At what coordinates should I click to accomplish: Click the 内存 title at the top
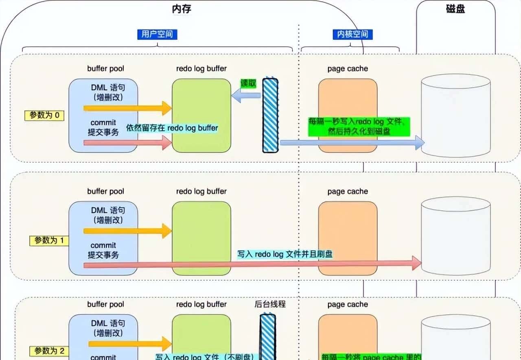coord(182,9)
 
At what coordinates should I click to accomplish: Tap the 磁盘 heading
coord(455,9)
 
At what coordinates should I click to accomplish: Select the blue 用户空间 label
coord(157,34)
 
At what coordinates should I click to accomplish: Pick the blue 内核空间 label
coord(352,34)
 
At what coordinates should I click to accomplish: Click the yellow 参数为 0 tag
coord(44,116)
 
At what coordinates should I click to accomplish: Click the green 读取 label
coord(249,83)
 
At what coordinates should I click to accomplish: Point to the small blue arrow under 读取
coord(246,96)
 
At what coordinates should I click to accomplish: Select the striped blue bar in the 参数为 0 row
coord(270,116)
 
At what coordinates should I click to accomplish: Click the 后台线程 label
coord(270,304)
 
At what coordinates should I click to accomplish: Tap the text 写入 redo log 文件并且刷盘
coord(285,254)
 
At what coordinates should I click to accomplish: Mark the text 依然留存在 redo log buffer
coord(172,128)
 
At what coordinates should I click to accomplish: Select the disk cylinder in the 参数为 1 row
coord(455,236)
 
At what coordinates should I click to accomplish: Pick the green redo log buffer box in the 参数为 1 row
coord(201,238)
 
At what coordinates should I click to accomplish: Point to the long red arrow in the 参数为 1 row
coord(252,264)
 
